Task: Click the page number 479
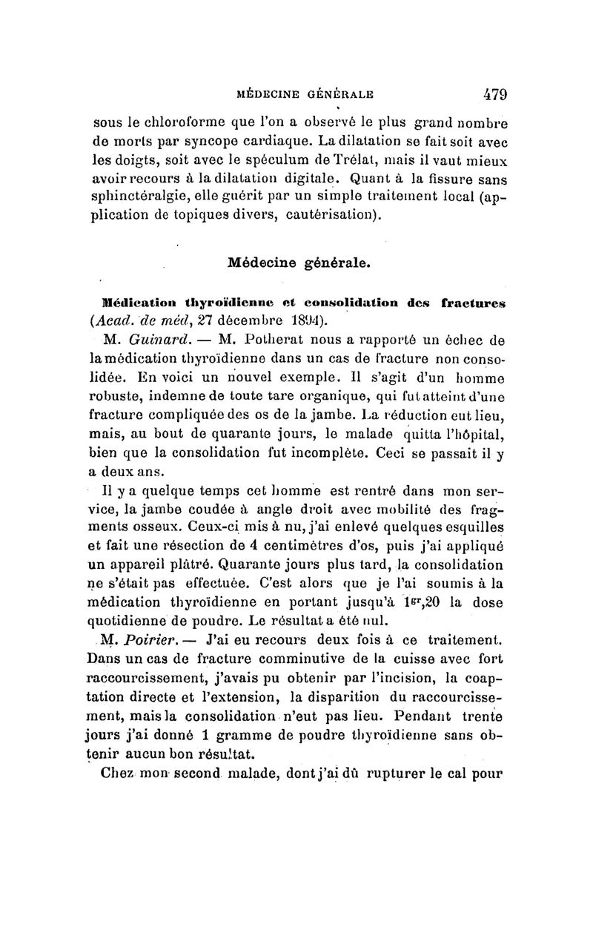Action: tap(490, 95)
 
